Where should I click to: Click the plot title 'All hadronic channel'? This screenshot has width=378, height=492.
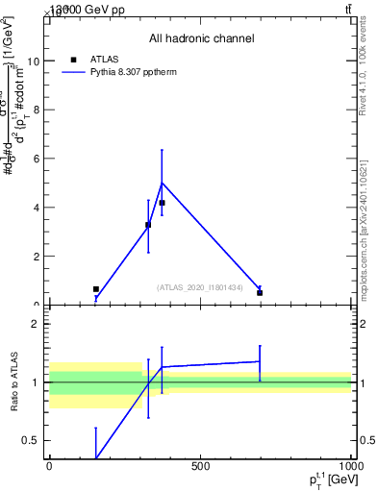pyautogui.click(x=201, y=38)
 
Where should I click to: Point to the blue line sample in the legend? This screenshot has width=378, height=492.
pyautogui.click(x=74, y=72)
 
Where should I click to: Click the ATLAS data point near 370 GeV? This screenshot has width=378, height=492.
pyautogui.click(x=162, y=203)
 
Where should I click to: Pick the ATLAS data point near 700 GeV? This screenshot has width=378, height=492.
pyautogui.click(x=260, y=292)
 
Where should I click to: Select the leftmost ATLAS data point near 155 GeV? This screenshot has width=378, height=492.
pyautogui.click(x=96, y=289)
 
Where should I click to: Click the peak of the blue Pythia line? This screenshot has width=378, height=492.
pyautogui.click(x=162, y=183)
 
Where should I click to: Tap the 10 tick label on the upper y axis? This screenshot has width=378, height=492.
pyautogui.click(x=34, y=61)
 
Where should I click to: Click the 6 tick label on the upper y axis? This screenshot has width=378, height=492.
pyautogui.click(x=37, y=159)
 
